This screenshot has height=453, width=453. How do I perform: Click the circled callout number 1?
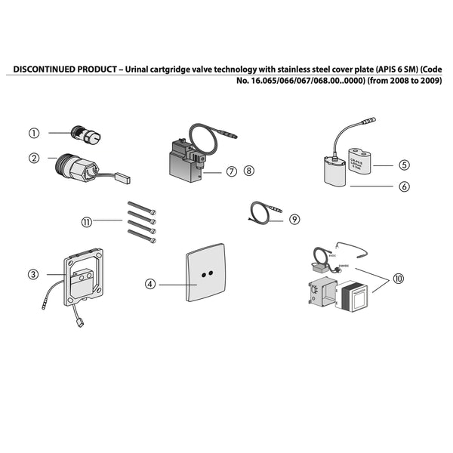click(34, 133)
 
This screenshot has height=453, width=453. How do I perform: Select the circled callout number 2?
click(34, 158)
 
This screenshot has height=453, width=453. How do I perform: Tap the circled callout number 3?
click(34, 274)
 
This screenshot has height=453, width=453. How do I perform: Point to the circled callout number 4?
click(150, 284)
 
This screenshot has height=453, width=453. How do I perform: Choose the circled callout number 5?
click(405, 165)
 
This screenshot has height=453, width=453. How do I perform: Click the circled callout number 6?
click(405, 184)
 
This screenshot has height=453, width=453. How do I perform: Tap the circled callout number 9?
click(294, 219)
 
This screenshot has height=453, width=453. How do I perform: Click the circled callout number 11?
click(88, 221)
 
